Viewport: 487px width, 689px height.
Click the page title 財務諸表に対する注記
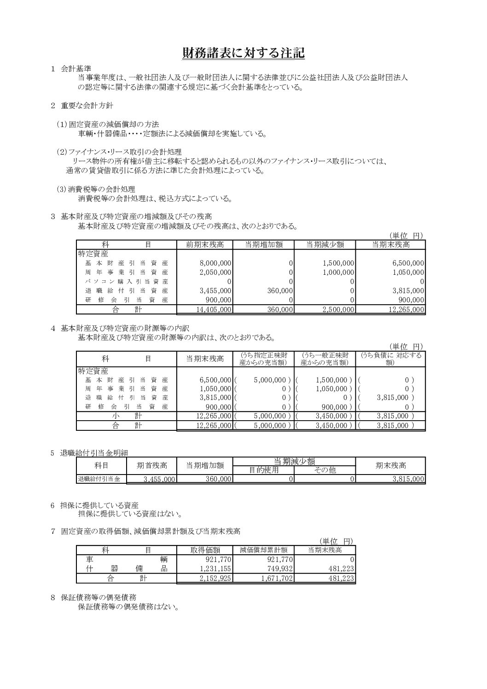(x=243, y=53)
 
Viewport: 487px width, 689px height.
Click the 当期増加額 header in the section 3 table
(x=263, y=244)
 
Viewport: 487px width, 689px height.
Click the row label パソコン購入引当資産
(x=126, y=281)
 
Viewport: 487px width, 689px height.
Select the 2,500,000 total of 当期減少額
(x=338, y=310)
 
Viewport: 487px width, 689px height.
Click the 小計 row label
(x=127, y=416)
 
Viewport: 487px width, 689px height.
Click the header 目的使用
(x=264, y=470)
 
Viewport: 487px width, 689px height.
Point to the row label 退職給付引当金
(x=99, y=479)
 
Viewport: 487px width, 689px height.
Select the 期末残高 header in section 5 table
(x=391, y=465)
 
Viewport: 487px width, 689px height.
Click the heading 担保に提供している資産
(x=100, y=505)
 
